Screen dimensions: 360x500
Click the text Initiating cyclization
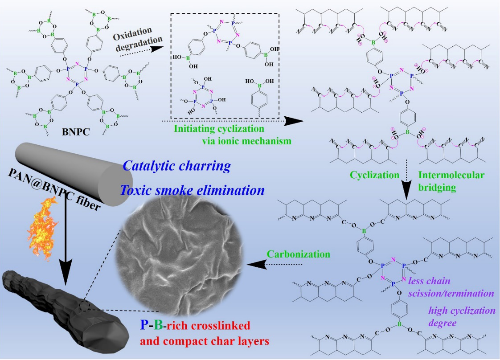click(219, 129)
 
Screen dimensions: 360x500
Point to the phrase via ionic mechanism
click(247, 141)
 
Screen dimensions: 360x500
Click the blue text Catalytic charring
click(176, 166)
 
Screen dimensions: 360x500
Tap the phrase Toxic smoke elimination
click(192, 190)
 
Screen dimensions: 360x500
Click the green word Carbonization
click(299, 254)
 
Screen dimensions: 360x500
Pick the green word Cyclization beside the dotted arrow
click(374, 175)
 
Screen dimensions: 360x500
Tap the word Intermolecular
click(451, 175)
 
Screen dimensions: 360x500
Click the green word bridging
click(437, 187)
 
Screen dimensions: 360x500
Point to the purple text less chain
click(429, 281)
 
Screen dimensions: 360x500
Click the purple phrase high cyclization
click(462, 310)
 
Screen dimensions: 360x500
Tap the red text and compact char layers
click(205, 342)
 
